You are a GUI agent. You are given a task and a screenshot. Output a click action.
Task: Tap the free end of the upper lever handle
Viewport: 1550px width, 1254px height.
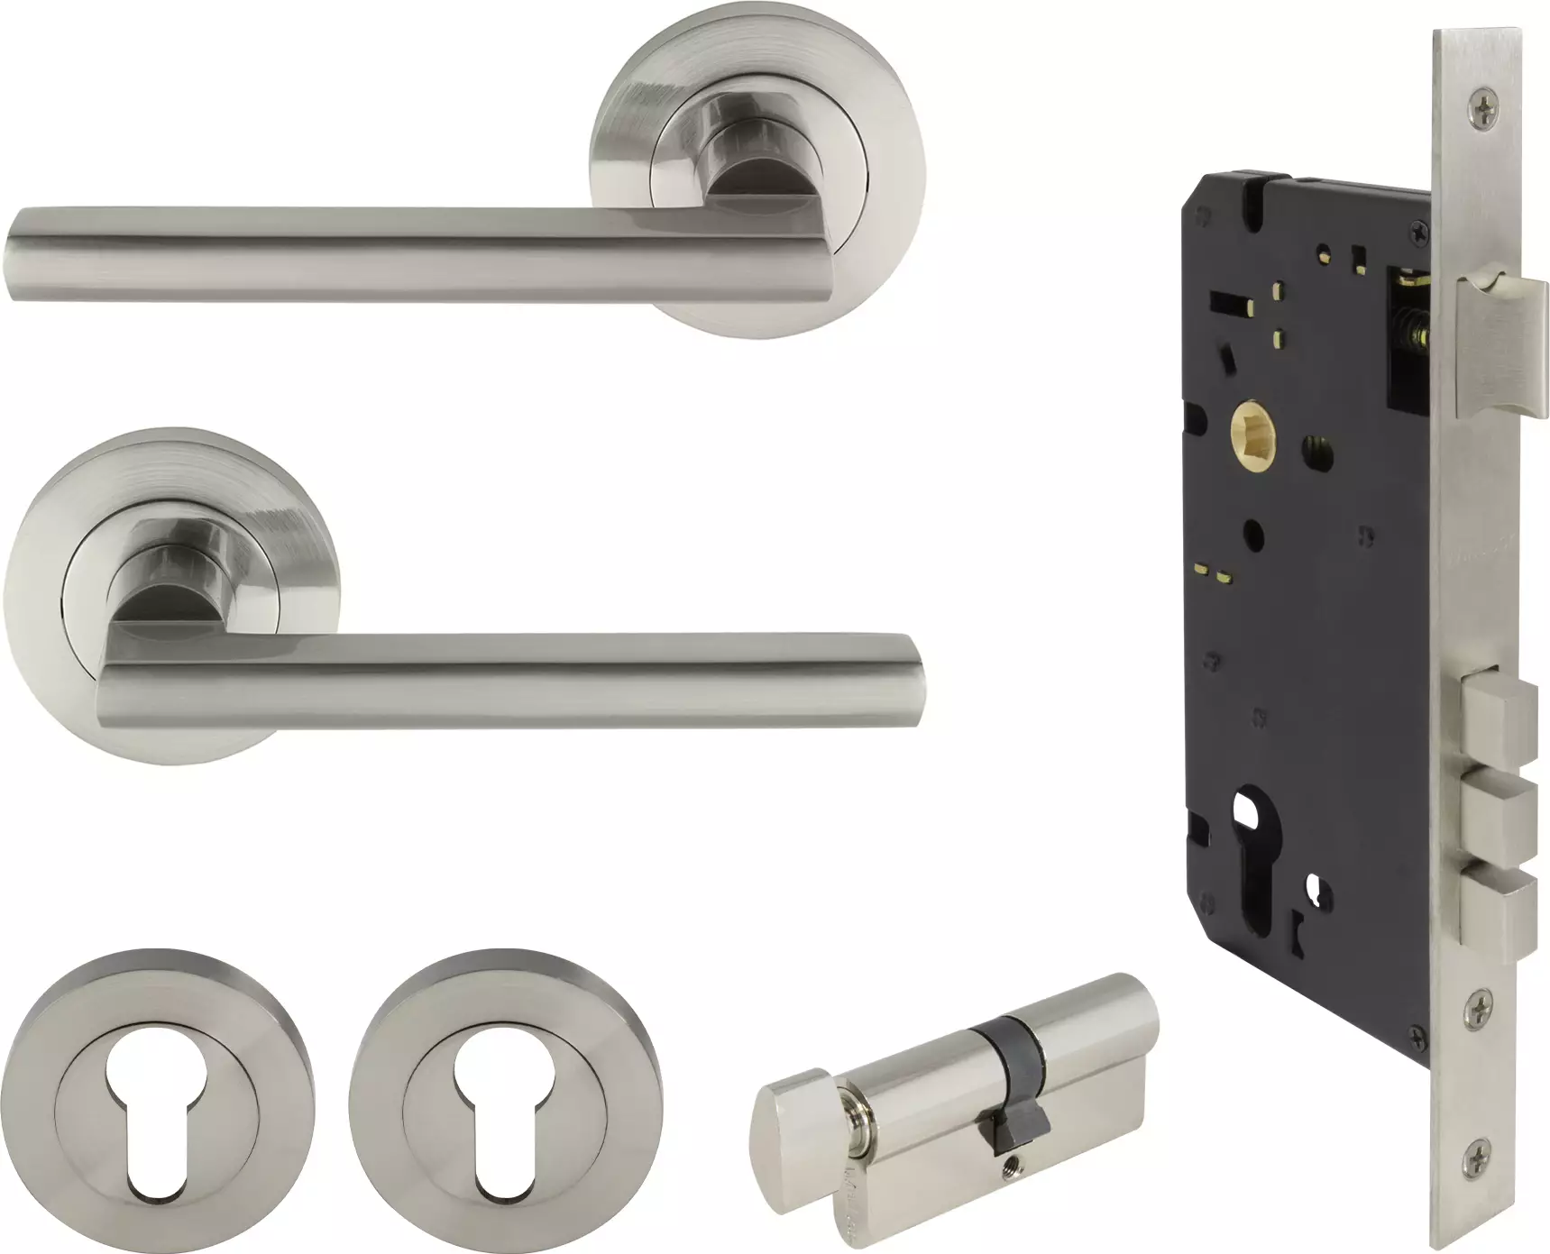(27, 254)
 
